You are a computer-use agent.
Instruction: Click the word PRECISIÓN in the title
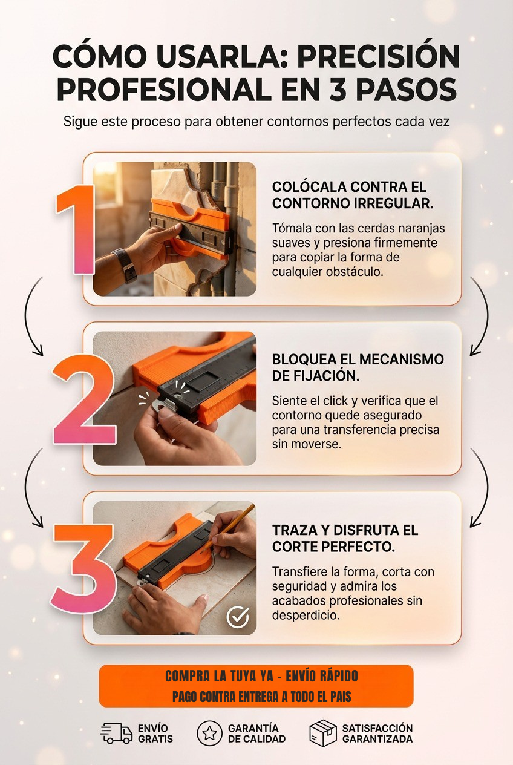(379, 56)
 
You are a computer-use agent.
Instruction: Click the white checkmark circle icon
(238, 617)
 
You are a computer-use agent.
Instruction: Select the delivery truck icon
(116, 734)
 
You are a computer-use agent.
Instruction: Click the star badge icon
(209, 733)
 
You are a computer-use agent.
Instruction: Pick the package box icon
(322, 733)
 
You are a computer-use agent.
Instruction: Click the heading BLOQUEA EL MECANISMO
(358, 360)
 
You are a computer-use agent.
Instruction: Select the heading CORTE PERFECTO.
(334, 547)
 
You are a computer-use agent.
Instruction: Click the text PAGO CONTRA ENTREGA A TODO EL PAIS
(261, 697)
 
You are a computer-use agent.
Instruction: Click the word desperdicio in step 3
(306, 615)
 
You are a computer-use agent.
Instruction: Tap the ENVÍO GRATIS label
(155, 734)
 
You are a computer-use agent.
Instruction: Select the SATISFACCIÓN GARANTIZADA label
(377, 734)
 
